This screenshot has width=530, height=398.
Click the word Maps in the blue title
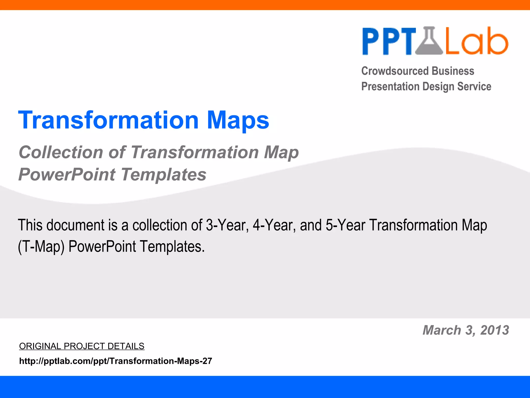click(238, 120)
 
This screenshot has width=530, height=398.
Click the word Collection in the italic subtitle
click(61, 152)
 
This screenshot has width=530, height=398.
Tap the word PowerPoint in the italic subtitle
click(67, 175)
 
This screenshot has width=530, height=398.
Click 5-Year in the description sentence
click(345, 225)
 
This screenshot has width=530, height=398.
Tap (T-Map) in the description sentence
click(41, 247)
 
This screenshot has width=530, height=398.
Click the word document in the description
click(75, 225)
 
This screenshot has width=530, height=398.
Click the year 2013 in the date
click(495, 330)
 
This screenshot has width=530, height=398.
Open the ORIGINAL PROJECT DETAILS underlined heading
click(82, 346)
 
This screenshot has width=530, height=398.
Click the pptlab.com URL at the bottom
click(115, 361)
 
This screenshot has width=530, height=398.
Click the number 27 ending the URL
click(207, 361)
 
